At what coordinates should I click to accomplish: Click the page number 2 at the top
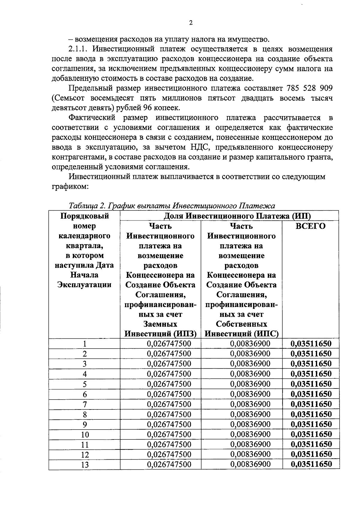(191, 23)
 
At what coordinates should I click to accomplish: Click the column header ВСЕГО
(310, 226)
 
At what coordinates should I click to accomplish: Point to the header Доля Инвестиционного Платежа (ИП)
(237, 216)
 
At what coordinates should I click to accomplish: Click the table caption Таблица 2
(87, 206)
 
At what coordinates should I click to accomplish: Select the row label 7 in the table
(85, 404)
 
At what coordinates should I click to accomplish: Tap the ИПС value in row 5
(250, 384)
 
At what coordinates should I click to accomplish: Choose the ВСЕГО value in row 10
(311, 434)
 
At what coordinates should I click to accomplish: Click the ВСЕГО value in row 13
(311, 464)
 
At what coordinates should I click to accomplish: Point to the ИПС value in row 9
(250, 424)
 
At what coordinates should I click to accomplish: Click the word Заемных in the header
(160, 324)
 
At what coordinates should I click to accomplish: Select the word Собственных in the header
(241, 324)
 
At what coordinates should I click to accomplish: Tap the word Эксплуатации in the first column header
(84, 285)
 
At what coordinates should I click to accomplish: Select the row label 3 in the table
(85, 364)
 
